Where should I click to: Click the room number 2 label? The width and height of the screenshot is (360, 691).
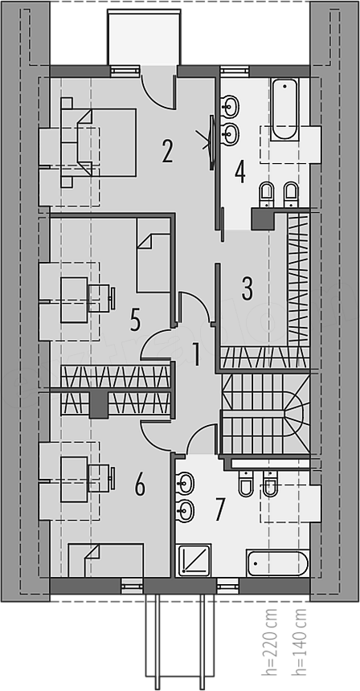point(166,151)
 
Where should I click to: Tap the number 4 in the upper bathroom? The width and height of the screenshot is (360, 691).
point(239,172)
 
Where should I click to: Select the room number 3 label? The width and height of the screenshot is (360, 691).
point(247,289)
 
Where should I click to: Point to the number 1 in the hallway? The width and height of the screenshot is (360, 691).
point(195,355)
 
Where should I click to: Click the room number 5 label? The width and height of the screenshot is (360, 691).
point(135,320)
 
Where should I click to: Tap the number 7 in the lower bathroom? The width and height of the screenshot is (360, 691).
point(220,509)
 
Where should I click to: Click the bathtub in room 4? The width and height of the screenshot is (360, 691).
point(284,109)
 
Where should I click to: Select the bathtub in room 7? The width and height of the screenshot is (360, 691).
point(277,562)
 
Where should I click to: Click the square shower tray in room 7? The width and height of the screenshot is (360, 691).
point(194,560)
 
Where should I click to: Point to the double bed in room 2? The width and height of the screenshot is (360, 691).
point(98,142)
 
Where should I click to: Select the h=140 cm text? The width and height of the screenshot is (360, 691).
point(299,642)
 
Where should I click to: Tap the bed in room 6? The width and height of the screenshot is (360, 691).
point(106,560)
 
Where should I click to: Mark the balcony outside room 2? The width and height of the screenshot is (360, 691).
point(144,39)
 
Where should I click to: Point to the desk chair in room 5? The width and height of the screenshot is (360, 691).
point(102,298)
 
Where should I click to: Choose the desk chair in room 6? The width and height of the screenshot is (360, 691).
point(102,478)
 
